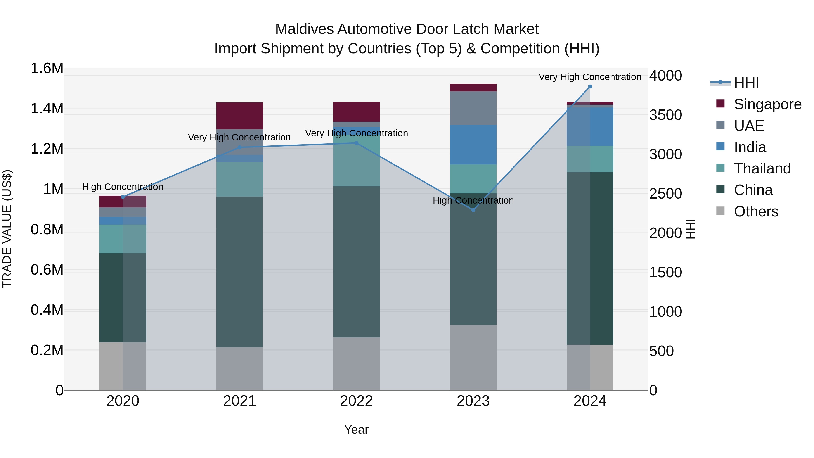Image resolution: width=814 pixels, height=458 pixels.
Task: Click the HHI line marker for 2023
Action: (x=473, y=210)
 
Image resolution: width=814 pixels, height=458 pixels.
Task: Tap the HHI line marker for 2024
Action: (x=590, y=87)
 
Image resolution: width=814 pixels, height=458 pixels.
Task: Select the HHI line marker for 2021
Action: (x=239, y=147)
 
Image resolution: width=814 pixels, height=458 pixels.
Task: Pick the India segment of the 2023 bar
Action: (x=473, y=145)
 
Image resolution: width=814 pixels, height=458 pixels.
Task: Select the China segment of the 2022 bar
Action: (x=356, y=262)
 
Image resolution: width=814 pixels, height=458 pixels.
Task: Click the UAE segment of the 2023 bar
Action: (x=473, y=108)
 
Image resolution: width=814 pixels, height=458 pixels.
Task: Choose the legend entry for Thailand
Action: (x=762, y=168)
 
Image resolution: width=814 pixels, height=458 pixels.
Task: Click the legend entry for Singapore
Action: (x=767, y=104)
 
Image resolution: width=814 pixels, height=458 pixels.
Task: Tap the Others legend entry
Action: (x=755, y=211)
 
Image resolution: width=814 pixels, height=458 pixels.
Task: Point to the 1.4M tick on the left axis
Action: (x=47, y=108)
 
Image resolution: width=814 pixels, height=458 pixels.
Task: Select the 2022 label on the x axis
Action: (x=356, y=401)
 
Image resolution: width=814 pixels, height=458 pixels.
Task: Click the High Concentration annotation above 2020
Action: (x=123, y=187)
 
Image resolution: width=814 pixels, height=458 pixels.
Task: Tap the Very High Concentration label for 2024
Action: (x=590, y=77)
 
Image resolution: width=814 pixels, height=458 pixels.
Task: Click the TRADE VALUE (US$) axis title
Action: (x=7, y=229)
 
